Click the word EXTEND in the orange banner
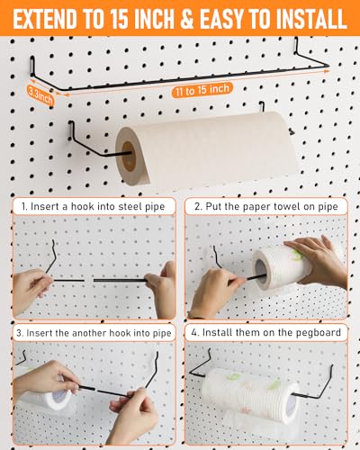tap(45, 19)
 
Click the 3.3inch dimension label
tap(40, 95)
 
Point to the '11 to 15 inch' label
tap(202, 90)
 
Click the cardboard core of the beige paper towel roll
tap(129, 157)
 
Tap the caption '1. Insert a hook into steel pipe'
tap(94, 206)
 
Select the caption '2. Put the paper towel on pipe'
tap(266, 206)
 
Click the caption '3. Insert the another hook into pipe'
tap(94, 333)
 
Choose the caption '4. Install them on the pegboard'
tap(266, 332)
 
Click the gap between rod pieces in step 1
tap(89, 281)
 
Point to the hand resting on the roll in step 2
tap(318, 261)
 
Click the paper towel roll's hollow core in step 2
tap(261, 272)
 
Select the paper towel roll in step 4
tap(250, 394)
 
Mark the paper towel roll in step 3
tap(48, 399)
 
